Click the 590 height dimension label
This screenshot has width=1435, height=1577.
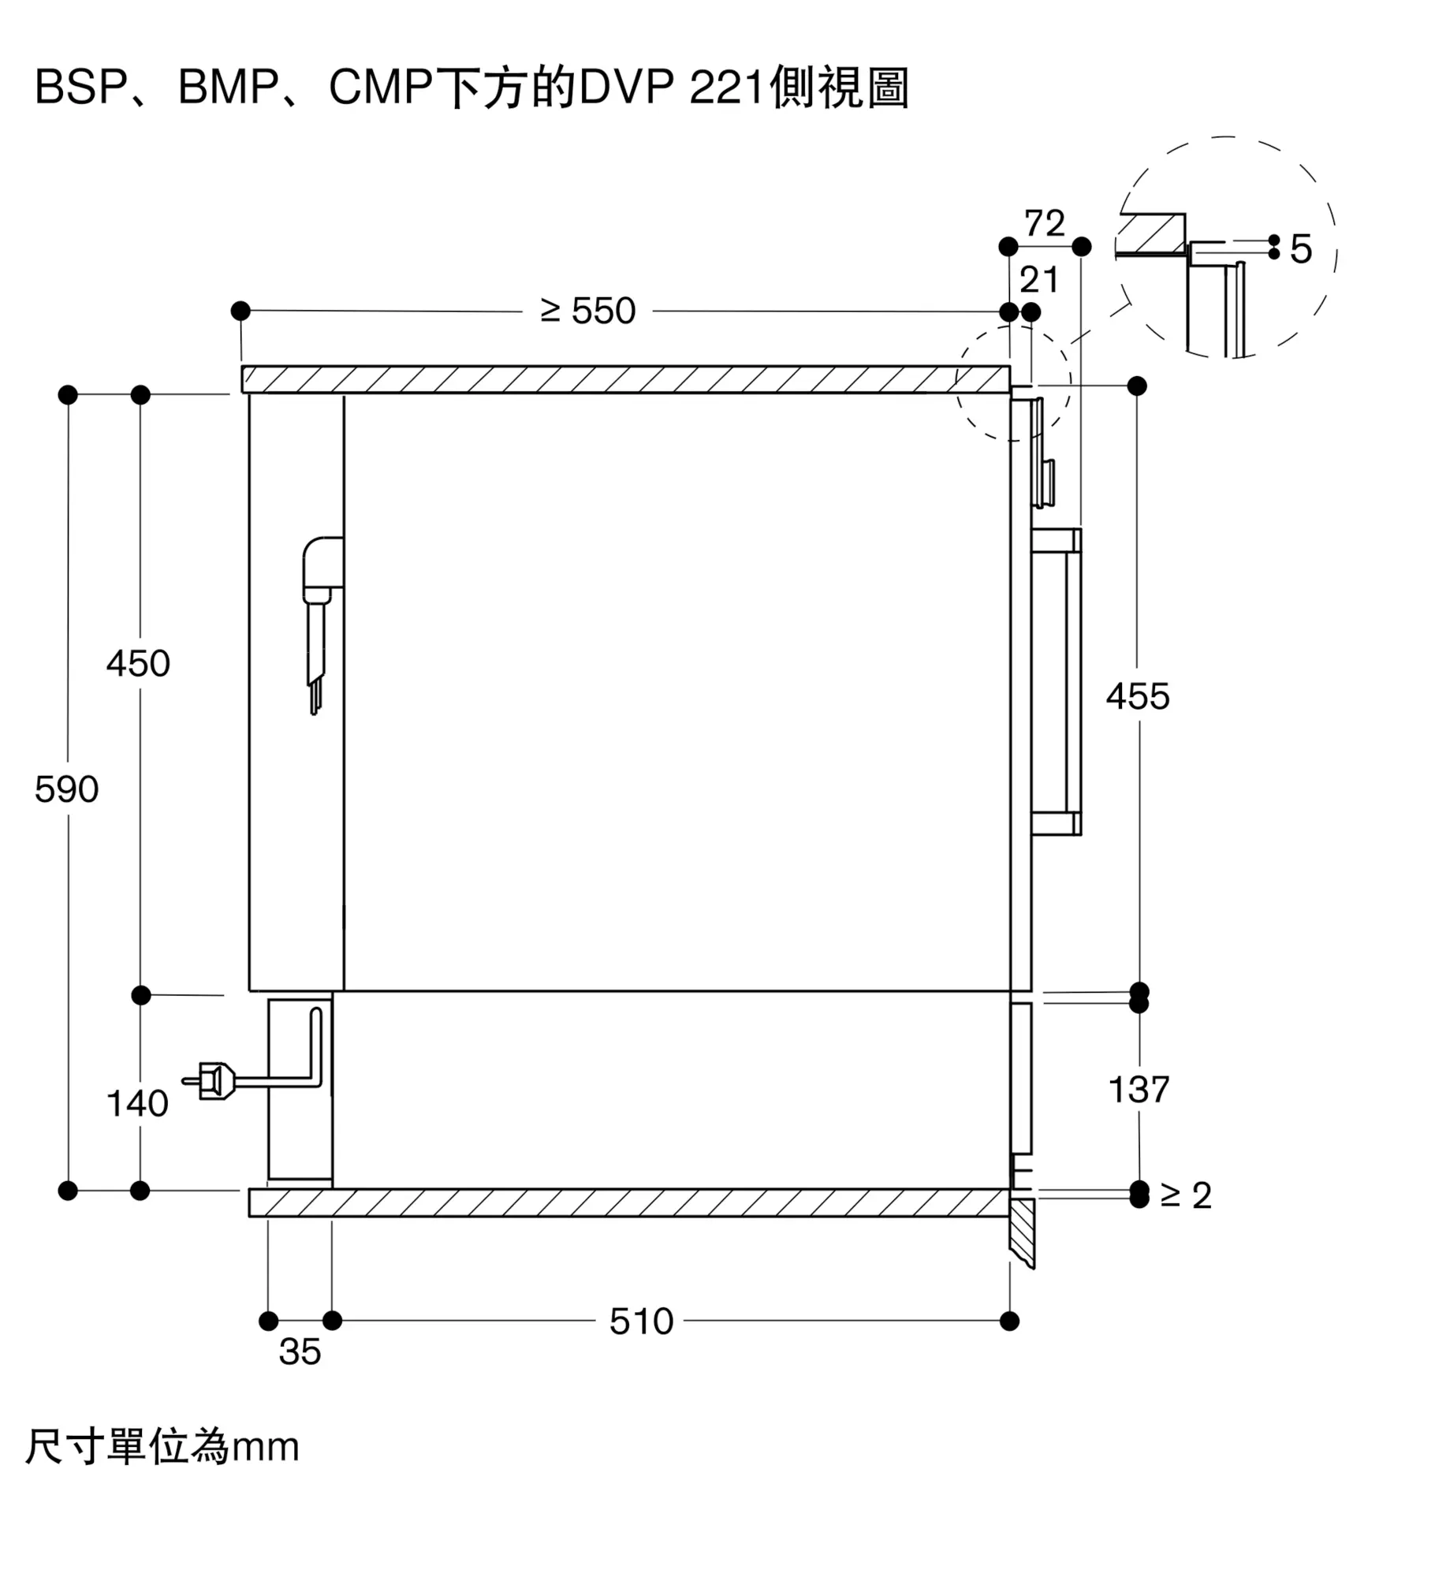(x=67, y=789)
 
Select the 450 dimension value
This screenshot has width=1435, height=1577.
(x=138, y=663)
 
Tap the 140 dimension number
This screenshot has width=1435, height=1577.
(x=137, y=1103)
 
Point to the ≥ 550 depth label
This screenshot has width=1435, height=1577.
(x=588, y=311)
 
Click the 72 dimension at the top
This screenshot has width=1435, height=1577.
(x=1044, y=223)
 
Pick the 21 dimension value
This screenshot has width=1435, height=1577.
(x=1038, y=280)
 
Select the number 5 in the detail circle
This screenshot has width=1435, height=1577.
(x=1301, y=249)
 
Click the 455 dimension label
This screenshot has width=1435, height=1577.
(x=1137, y=696)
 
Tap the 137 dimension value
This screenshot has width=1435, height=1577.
(x=1139, y=1090)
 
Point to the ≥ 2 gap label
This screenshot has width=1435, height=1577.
(x=1186, y=1195)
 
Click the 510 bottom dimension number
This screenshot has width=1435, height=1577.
(x=641, y=1322)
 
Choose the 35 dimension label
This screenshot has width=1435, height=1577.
(x=300, y=1351)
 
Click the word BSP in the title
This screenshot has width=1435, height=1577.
(x=79, y=87)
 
